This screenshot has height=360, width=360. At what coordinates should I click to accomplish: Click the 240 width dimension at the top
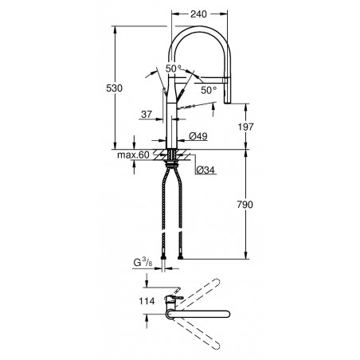pyautogui.click(x=198, y=14)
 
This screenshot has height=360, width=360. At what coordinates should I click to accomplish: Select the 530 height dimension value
pyautogui.click(x=114, y=88)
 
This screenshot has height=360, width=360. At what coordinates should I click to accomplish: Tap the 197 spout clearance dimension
pyautogui.click(x=245, y=127)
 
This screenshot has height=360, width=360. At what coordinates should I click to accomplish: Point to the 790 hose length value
pyautogui.click(x=245, y=205)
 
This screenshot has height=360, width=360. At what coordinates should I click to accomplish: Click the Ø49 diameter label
pyautogui.click(x=198, y=136)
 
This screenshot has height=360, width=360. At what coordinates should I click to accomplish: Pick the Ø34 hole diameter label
pyautogui.click(x=205, y=170)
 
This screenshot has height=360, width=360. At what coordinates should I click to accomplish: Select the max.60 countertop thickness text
pyautogui.click(x=133, y=155)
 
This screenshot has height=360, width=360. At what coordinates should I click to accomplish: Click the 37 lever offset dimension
pyautogui.click(x=147, y=115)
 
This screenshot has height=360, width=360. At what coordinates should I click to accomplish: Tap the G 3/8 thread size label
pyautogui.click(x=143, y=263)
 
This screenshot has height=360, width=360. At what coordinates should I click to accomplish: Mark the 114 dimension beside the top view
pyautogui.click(x=147, y=301)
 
